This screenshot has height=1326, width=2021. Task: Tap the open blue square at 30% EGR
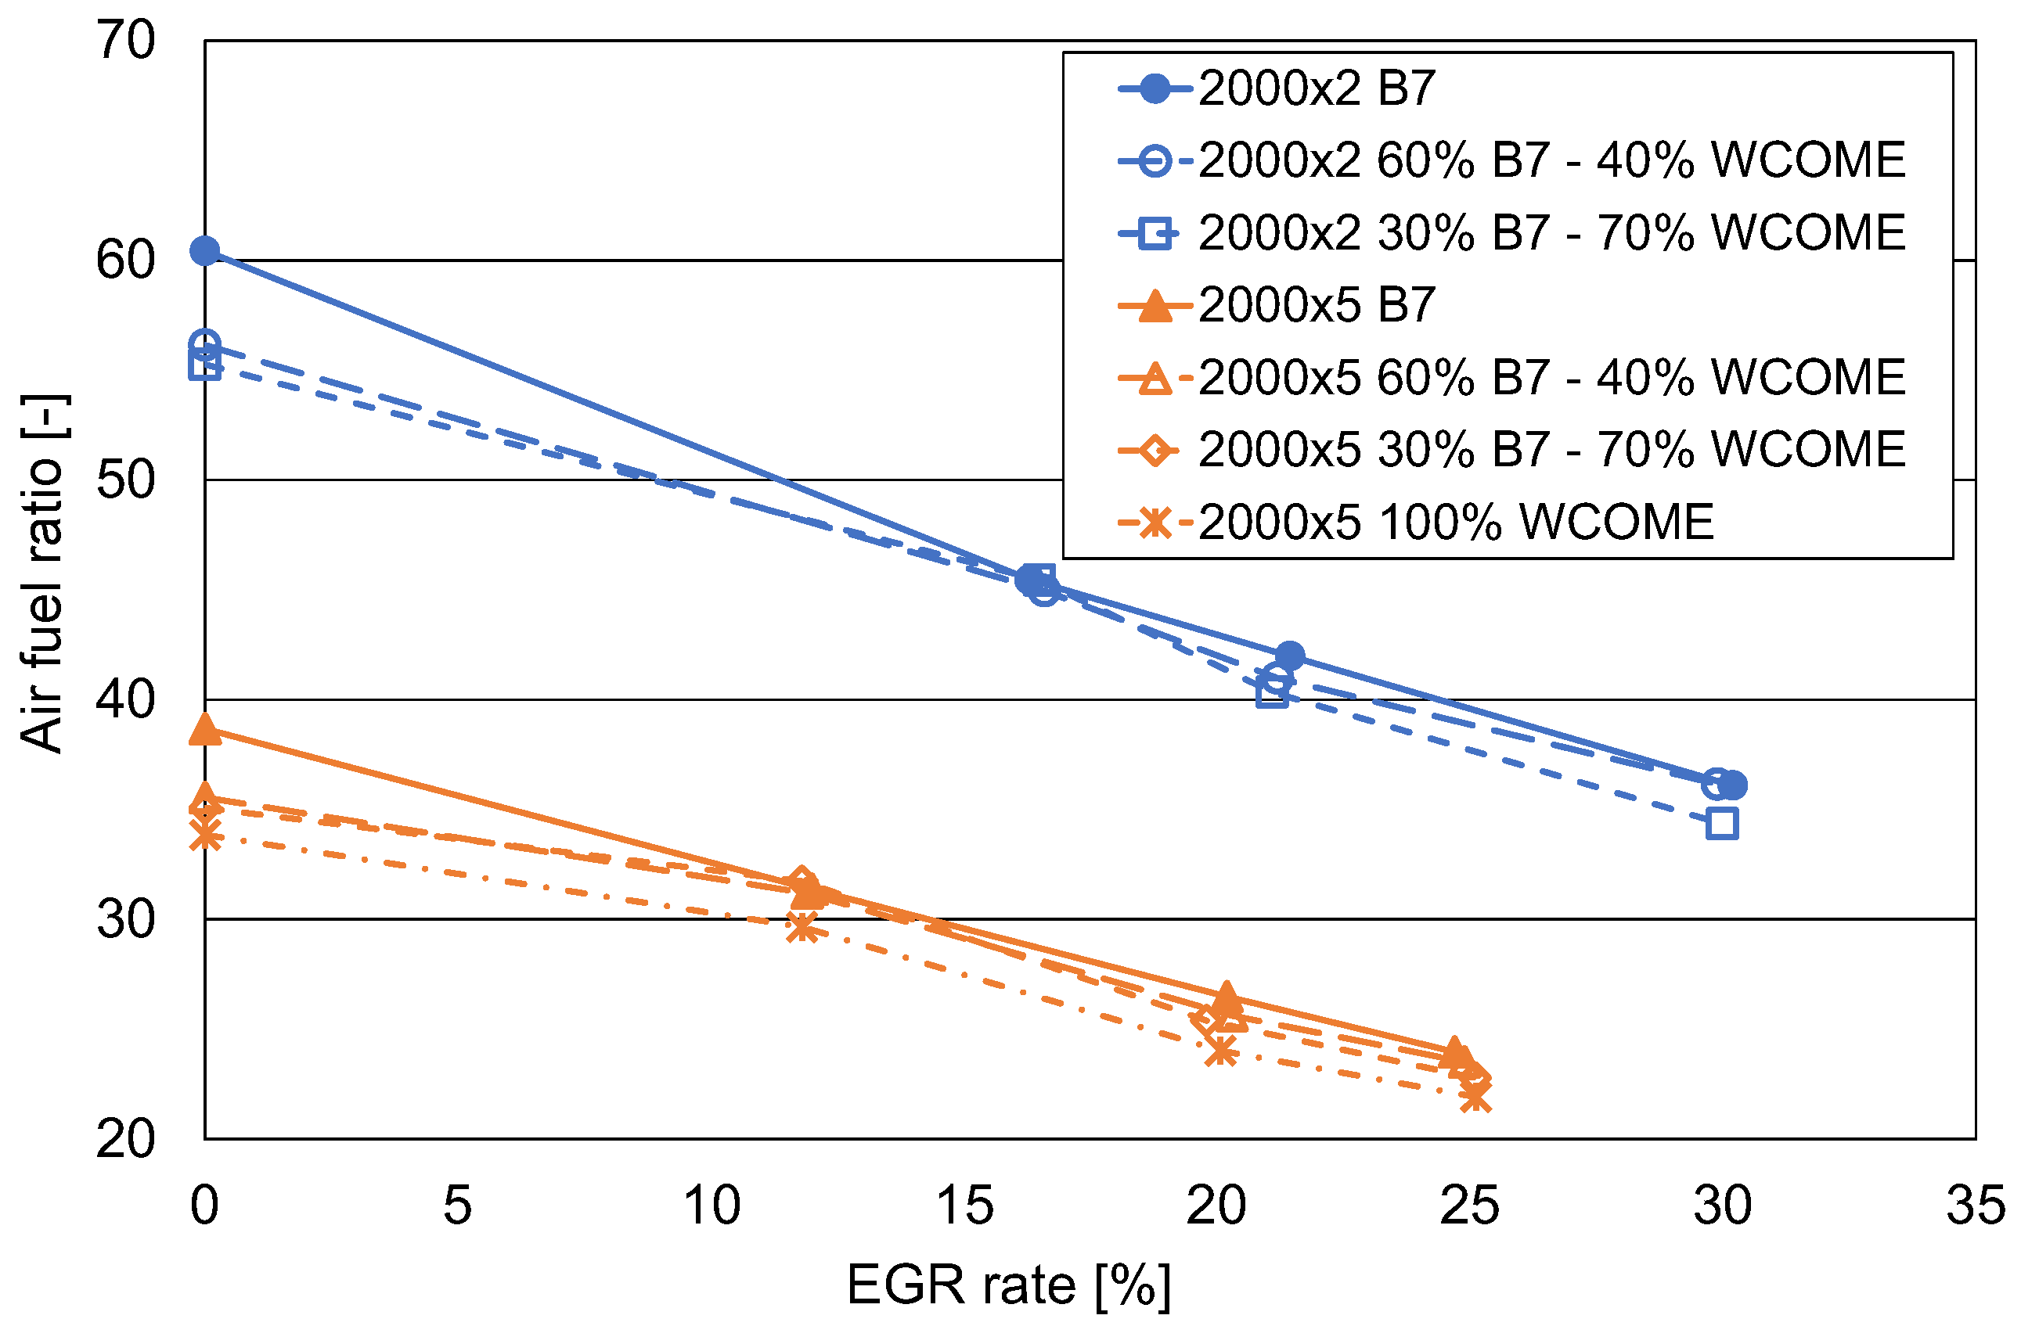coord(1721,824)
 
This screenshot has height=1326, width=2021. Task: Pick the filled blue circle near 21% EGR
coord(1290,656)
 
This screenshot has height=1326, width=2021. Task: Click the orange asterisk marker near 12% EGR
coord(802,929)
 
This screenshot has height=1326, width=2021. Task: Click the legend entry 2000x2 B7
coord(1317,88)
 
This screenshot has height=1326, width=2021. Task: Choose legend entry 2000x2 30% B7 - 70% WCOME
coord(1551,232)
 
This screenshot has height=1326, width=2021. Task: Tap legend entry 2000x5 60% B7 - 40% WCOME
coord(1551,378)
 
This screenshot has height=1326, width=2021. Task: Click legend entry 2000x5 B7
coord(1317,305)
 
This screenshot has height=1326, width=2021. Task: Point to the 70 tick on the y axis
coord(126,40)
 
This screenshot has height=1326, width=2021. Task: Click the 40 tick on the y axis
coord(126,699)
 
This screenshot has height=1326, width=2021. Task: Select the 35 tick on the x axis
coord(1975,1206)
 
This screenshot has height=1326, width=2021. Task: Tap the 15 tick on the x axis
coord(964,1206)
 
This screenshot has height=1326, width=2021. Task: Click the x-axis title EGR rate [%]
coord(1009,1285)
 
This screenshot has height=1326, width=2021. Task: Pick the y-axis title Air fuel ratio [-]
coord(42,574)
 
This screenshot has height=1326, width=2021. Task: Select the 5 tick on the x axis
coord(458,1206)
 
